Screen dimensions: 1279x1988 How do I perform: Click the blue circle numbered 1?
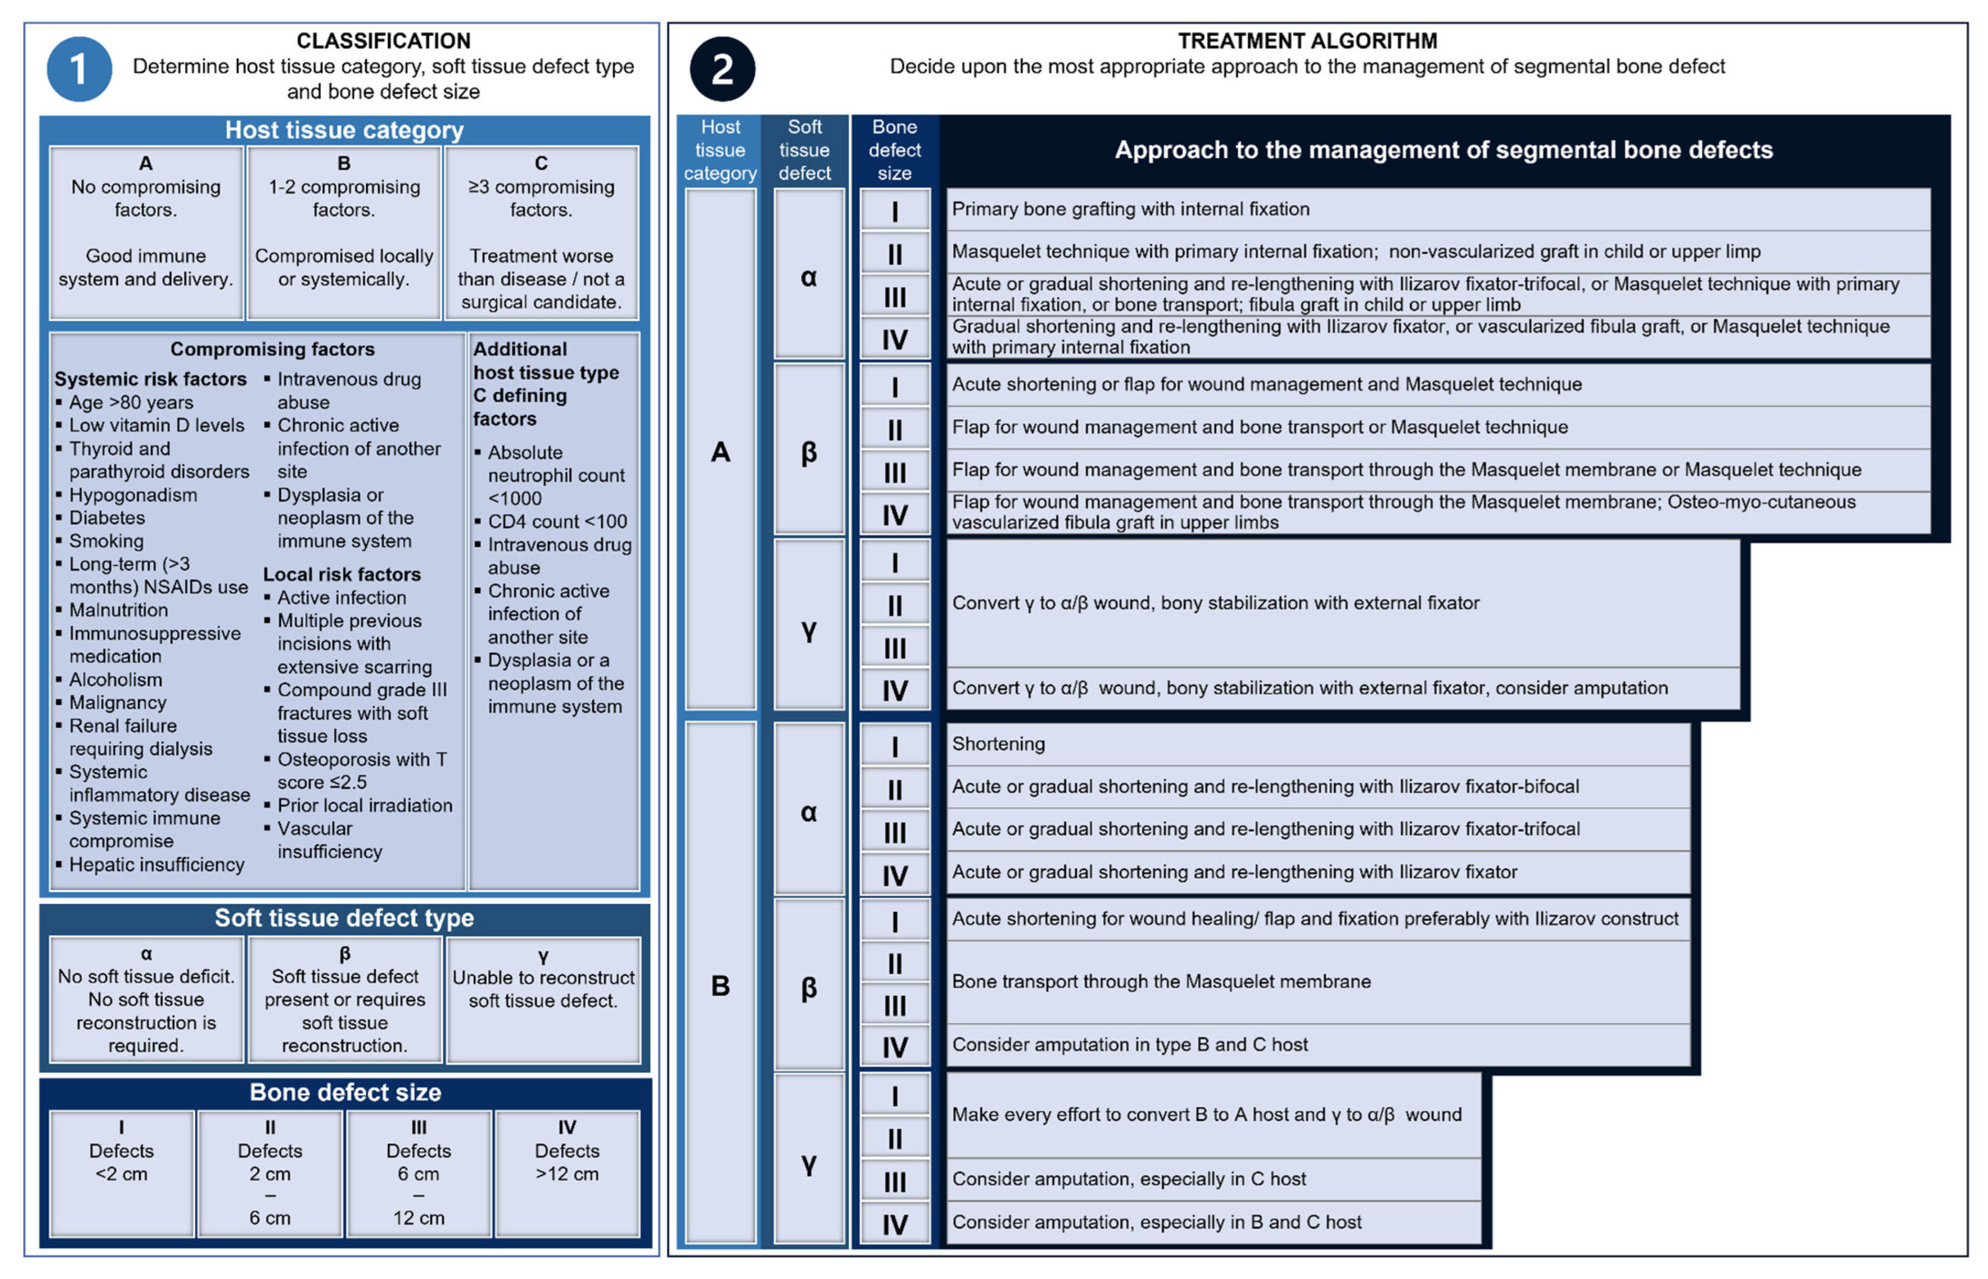tap(79, 69)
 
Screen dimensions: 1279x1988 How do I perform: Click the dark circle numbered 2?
tap(722, 69)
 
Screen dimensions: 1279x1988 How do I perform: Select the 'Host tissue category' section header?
tap(344, 131)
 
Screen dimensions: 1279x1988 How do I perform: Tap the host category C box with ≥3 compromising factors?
tap(541, 233)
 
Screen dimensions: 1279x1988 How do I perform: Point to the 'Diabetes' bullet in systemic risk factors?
tap(107, 517)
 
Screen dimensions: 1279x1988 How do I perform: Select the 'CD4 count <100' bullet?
tap(557, 521)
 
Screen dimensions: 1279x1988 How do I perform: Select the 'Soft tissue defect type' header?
tap(344, 918)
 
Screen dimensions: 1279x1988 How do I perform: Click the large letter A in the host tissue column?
tap(720, 452)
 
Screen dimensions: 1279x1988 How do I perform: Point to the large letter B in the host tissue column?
tap(720, 986)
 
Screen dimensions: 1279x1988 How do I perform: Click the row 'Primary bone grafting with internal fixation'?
tap(1130, 209)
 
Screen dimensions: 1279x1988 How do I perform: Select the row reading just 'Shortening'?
tap(998, 744)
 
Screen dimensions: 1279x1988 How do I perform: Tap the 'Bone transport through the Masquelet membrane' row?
tap(1160, 982)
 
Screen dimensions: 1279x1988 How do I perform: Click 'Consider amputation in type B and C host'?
tap(1129, 1045)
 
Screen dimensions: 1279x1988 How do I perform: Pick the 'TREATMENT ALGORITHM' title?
tap(1307, 41)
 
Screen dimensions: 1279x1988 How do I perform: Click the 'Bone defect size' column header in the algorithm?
tap(894, 150)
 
